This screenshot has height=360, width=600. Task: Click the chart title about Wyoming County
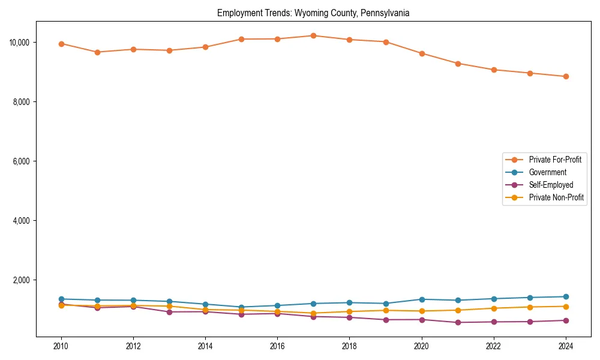click(313, 13)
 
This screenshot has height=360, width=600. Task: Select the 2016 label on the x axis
click(277, 346)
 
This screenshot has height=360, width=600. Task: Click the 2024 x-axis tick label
click(566, 346)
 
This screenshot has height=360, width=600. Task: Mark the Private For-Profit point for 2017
click(313, 35)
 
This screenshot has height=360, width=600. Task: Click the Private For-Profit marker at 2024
click(566, 76)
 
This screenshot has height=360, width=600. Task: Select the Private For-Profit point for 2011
click(97, 52)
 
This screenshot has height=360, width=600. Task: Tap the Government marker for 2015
click(241, 307)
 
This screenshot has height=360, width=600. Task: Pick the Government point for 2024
click(566, 296)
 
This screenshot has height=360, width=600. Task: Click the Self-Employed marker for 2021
click(458, 322)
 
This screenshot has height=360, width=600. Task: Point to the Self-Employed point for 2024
click(566, 320)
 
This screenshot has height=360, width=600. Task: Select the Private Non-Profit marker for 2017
click(313, 313)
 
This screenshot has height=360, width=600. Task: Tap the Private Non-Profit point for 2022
click(494, 308)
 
